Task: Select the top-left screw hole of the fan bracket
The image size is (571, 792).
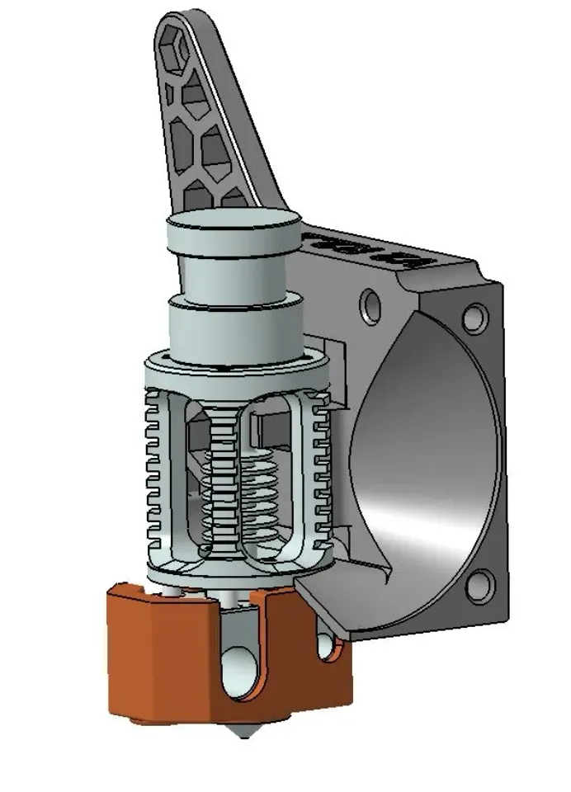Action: tap(368, 304)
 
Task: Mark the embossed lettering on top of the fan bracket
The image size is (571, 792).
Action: tap(371, 250)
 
